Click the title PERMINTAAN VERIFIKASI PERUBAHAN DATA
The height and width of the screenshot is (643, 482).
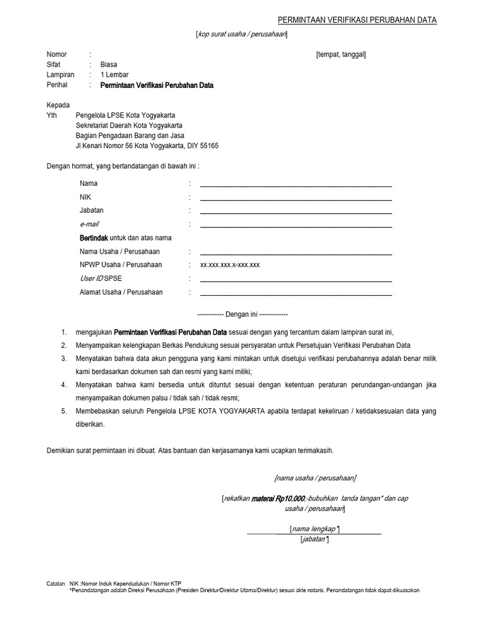[357, 20]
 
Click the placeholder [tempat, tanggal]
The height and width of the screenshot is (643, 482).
[341, 55]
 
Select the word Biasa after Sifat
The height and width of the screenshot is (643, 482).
[109, 65]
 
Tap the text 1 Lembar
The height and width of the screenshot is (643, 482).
[114, 75]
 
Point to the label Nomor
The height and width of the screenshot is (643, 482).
[56, 55]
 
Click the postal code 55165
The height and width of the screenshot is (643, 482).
[208, 146]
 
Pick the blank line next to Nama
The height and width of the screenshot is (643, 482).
[296, 186]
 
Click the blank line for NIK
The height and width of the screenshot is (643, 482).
[296, 200]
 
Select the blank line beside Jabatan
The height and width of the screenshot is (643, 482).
[296, 213]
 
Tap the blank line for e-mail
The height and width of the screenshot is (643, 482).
[296, 227]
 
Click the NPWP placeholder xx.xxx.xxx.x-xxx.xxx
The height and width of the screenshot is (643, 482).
[230, 265]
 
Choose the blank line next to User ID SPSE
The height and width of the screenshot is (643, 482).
[296, 281]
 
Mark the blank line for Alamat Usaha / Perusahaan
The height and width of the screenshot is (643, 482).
[296, 295]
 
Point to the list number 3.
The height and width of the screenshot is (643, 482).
[63, 359]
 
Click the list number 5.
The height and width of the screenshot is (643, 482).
[63, 411]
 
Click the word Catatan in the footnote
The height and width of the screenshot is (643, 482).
[56, 583]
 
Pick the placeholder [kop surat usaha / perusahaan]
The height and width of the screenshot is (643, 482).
[242, 34]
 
